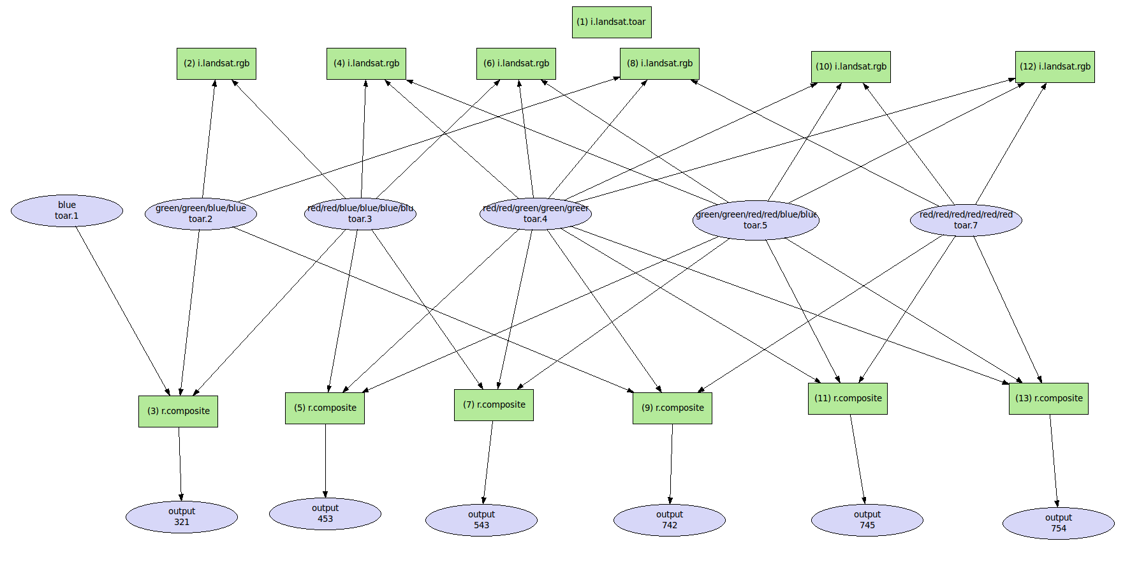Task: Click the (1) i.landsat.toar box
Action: [x=611, y=22]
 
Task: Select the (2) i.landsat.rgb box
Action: [x=216, y=64]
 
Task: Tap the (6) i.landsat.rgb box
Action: [x=516, y=64]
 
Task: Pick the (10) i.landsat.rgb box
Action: [x=851, y=67]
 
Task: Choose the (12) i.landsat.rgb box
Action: [x=1055, y=67]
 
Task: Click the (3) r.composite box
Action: [x=178, y=412]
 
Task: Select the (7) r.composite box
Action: [x=494, y=405]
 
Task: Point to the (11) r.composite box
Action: [x=848, y=399]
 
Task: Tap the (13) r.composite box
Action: [x=1048, y=399]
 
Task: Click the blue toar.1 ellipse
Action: [x=67, y=211]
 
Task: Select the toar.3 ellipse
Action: [x=360, y=214]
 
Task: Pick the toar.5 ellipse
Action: [x=756, y=220]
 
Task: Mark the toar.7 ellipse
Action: [x=966, y=220]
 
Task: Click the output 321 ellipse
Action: [x=182, y=517]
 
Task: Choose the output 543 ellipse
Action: [x=481, y=520]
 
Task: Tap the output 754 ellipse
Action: [x=1058, y=523]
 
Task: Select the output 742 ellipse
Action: [x=669, y=520]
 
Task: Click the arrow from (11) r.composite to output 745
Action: [x=857, y=459]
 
